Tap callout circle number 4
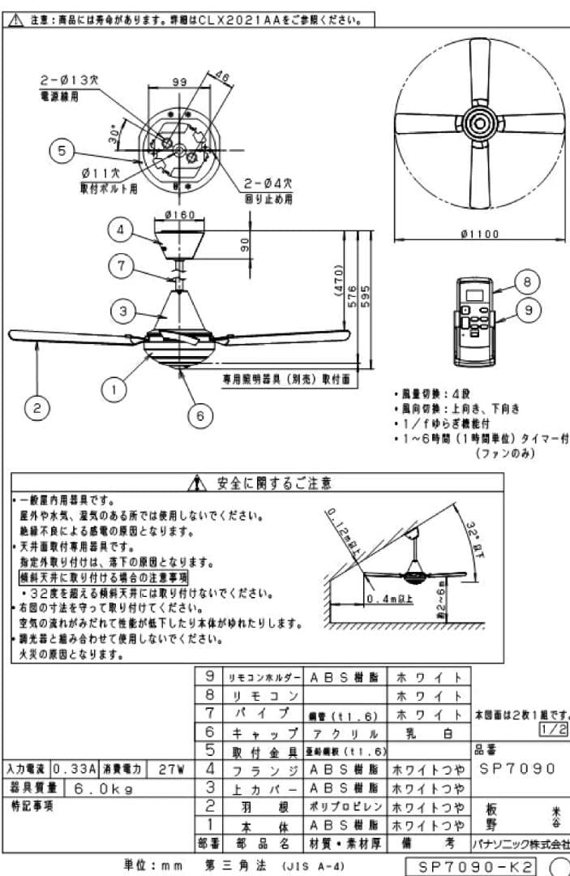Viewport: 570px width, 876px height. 120,230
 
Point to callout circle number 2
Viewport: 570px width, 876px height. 36,408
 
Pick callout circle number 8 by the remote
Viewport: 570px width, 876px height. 526,281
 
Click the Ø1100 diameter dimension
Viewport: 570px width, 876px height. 479,234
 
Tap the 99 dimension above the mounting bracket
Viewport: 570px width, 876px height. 179,82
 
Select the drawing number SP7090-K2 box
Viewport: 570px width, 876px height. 477,867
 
